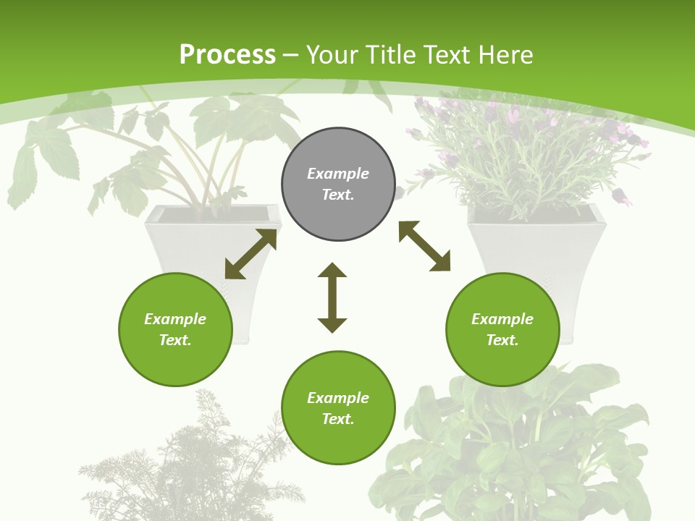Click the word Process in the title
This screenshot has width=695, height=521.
(227, 55)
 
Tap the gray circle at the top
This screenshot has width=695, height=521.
(338, 184)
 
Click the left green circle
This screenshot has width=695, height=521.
(175, 329)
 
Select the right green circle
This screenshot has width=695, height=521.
(502, 329)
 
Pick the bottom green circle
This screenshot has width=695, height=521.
(338, 407)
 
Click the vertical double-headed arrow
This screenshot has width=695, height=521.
(332, 297)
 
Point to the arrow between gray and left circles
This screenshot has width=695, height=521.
(250, 254)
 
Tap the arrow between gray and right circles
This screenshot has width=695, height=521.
(424, 246)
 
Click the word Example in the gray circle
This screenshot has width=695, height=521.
(338, 174)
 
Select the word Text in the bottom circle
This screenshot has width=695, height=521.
(337, 419)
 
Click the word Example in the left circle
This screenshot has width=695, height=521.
(175, 319)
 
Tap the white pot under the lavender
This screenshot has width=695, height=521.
(536, 246)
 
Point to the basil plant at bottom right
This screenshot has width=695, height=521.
(521, 449)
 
